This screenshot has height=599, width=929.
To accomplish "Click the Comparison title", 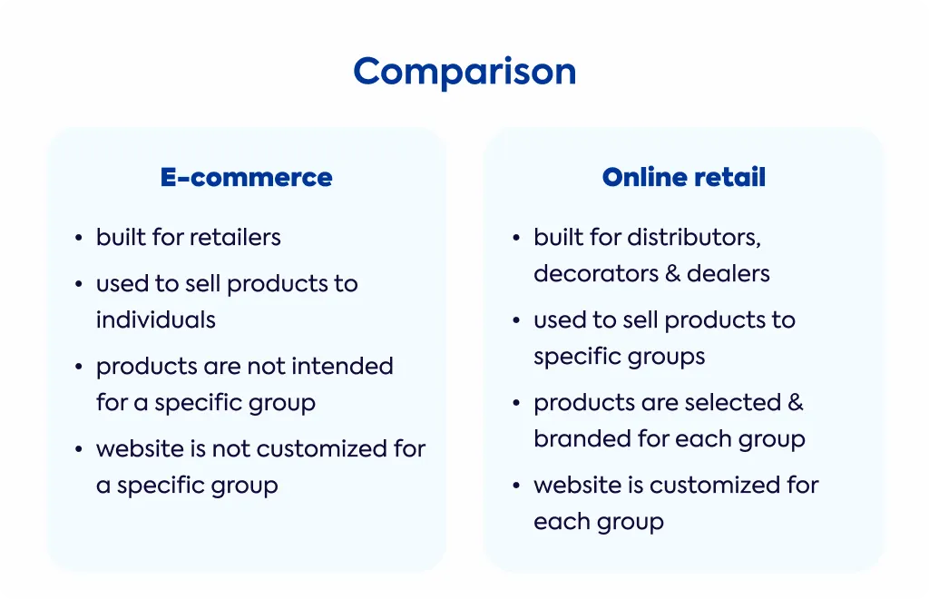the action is [x=464, y=73].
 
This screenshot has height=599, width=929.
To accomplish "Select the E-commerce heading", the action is [x=247, y=177].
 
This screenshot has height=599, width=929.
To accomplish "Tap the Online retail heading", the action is [x=684, y=177].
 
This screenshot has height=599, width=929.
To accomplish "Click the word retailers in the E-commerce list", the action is [x=235, y=237].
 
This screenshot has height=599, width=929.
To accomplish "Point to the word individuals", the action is [x=156, y=320].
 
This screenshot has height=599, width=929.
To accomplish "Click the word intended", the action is [x=342, y=366].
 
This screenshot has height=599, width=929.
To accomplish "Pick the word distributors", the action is [x=694, y=238].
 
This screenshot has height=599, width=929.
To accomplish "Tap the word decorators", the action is [x=596, y=274].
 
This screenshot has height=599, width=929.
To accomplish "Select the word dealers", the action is [x=729, y=274].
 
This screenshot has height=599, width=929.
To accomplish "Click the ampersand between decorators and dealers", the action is [x=672, y=274].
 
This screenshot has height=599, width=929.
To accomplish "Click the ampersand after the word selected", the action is [x=796, y=403].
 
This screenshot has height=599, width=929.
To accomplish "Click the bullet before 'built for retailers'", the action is [x=79, y=238].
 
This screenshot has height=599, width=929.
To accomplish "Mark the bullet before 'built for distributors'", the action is [x=516, y=238].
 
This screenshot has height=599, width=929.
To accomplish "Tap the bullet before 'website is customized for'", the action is [x=516, y=486].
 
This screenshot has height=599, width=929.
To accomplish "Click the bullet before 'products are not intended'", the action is [x=79, y=368].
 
